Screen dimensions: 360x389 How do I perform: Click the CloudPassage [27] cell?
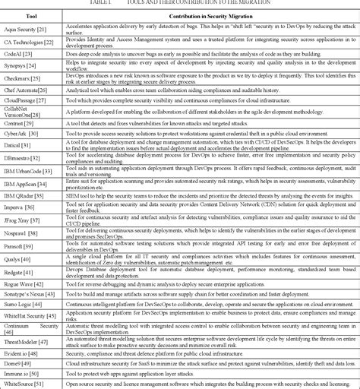(x=28, y=100)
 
